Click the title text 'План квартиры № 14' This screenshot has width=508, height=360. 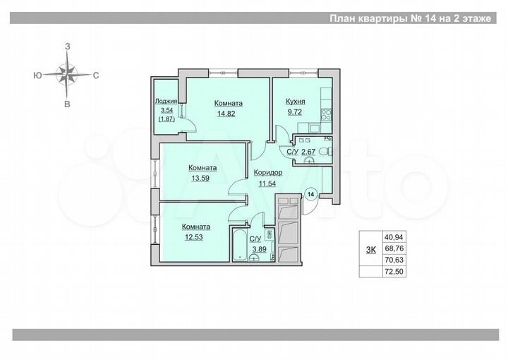382,19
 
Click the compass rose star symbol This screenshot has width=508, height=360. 68,74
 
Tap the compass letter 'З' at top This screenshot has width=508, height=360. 68,46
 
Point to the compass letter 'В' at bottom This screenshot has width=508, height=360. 68,104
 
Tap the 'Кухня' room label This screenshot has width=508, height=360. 296,102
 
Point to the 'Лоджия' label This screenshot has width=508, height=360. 167,102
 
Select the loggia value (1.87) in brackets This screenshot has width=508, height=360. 167,120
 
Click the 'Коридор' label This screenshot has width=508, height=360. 268,172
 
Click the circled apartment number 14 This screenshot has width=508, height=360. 310,193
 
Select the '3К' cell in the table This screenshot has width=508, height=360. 369,248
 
